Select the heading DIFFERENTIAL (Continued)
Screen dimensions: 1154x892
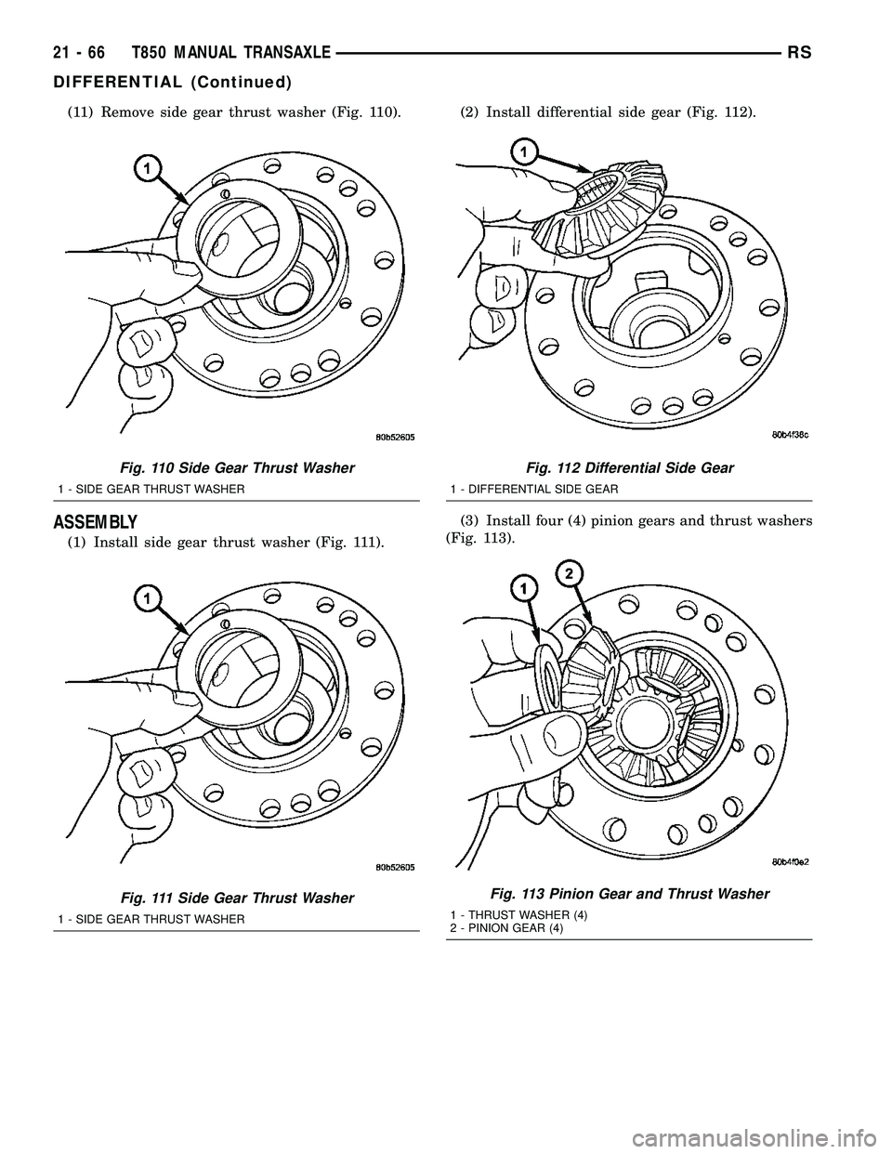tap(173, 82)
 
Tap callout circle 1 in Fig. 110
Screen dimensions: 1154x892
tap(147, 167)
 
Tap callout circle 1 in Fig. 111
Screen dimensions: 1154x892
tap(147, 600)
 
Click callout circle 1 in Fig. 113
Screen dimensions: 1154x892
tap(523, 587)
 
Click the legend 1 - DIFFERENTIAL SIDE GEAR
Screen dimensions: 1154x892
tap(534, 488)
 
